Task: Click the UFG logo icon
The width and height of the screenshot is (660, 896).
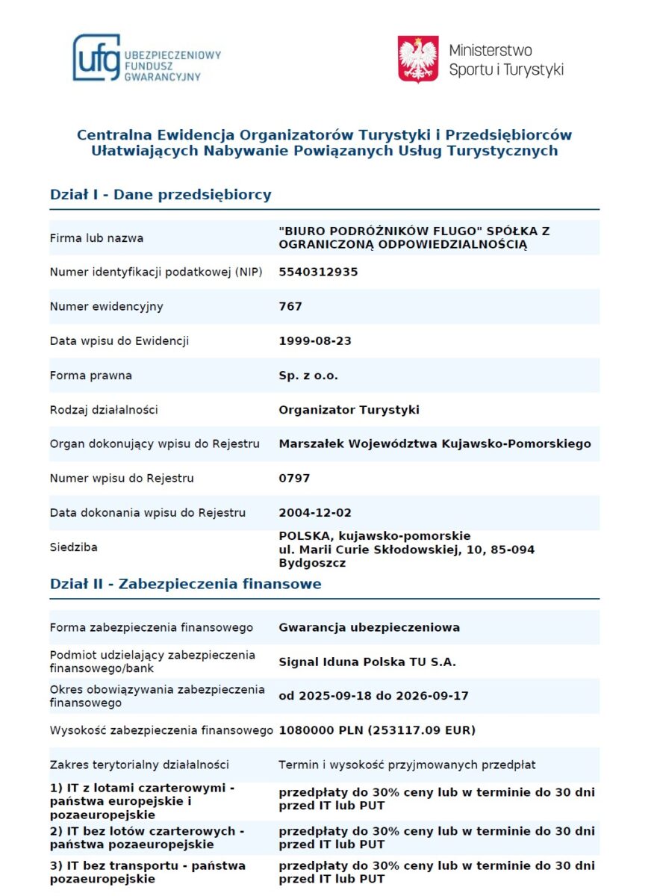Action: coord(96,57)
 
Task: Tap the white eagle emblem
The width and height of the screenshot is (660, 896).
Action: coord(418,59)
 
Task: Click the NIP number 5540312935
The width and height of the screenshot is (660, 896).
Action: coord(318,272)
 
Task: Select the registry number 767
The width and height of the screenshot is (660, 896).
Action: coord(290,306)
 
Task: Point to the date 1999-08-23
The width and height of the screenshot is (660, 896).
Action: coord(315,340)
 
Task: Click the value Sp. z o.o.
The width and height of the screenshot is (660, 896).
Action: coord(308,375)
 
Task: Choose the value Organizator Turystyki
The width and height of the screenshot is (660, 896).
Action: coord(349,409)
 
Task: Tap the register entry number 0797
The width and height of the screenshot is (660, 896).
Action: coord(294,478)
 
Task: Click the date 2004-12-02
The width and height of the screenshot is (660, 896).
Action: coord(315,512)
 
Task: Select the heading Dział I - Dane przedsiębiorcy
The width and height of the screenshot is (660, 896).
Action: coord(161,195)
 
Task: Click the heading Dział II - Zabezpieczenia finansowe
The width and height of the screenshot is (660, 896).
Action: coord(186,584)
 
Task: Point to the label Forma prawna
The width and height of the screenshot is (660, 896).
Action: coord(90,375)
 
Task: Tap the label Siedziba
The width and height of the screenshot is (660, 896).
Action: coord(73,547)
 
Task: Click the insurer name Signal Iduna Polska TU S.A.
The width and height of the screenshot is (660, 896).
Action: coord(367,662)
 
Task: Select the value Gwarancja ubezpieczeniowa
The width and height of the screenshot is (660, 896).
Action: coord(369,627)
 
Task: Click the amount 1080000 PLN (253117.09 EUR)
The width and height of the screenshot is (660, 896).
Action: coord(377,730)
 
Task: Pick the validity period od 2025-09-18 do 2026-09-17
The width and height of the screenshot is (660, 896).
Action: coord(373,696)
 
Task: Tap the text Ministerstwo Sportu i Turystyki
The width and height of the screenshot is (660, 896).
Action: coord(505,60)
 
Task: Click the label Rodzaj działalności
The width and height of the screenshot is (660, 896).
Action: coord(104,409)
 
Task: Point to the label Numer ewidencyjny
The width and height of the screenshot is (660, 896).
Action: coord(106,306)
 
